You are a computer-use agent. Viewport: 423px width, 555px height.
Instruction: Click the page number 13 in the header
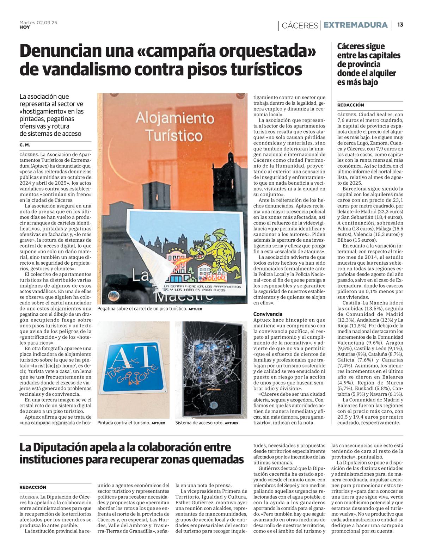coord(400,25)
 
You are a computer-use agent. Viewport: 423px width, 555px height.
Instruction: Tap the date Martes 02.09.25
coord(38,23)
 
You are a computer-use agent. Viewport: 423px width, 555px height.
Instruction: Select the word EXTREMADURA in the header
coord(355,25)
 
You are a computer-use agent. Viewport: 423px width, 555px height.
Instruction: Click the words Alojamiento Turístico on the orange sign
coord(175,126)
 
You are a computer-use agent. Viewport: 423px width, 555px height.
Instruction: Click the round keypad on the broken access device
coord(214,405)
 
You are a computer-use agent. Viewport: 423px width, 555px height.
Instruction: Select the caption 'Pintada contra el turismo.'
coord(124,423)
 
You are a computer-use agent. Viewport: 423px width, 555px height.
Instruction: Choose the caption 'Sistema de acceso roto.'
coord(199,423)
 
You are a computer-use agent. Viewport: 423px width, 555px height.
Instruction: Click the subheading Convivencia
coord(267,314)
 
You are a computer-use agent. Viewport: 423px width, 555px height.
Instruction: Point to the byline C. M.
coord(25,145)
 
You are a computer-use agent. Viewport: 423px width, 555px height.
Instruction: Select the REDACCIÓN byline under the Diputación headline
coord(33,487)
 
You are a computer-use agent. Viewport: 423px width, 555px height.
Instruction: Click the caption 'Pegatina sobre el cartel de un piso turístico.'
coord(142,309)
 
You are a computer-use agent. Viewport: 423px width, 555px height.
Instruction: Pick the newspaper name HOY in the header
coord(25,27)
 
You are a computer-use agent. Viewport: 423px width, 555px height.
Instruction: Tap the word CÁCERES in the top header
coord(300,25)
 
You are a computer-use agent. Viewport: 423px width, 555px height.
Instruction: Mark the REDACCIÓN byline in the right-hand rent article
coord(350,105)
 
